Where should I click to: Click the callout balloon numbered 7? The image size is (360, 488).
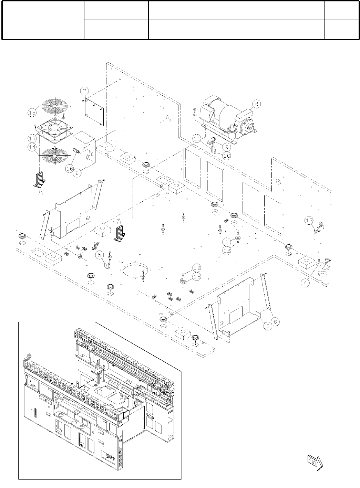pos(85,91)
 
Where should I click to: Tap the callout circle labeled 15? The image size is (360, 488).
pos(32,112)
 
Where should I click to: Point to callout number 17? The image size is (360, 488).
pos(32,138)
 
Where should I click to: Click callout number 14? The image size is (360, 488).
pos(32,146)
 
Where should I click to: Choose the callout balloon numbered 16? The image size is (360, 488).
pos(70,169)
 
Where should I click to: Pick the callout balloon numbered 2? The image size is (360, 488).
pos(78,173)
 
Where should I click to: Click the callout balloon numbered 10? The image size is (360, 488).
pos(226,155)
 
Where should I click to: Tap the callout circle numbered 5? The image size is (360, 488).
pos(100,255)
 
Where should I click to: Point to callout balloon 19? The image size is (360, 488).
pos(197,268)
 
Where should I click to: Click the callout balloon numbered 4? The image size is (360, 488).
pos(305,283)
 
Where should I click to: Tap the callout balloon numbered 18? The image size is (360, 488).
pos(197,276)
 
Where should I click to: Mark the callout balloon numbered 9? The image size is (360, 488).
pos(226,146)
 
